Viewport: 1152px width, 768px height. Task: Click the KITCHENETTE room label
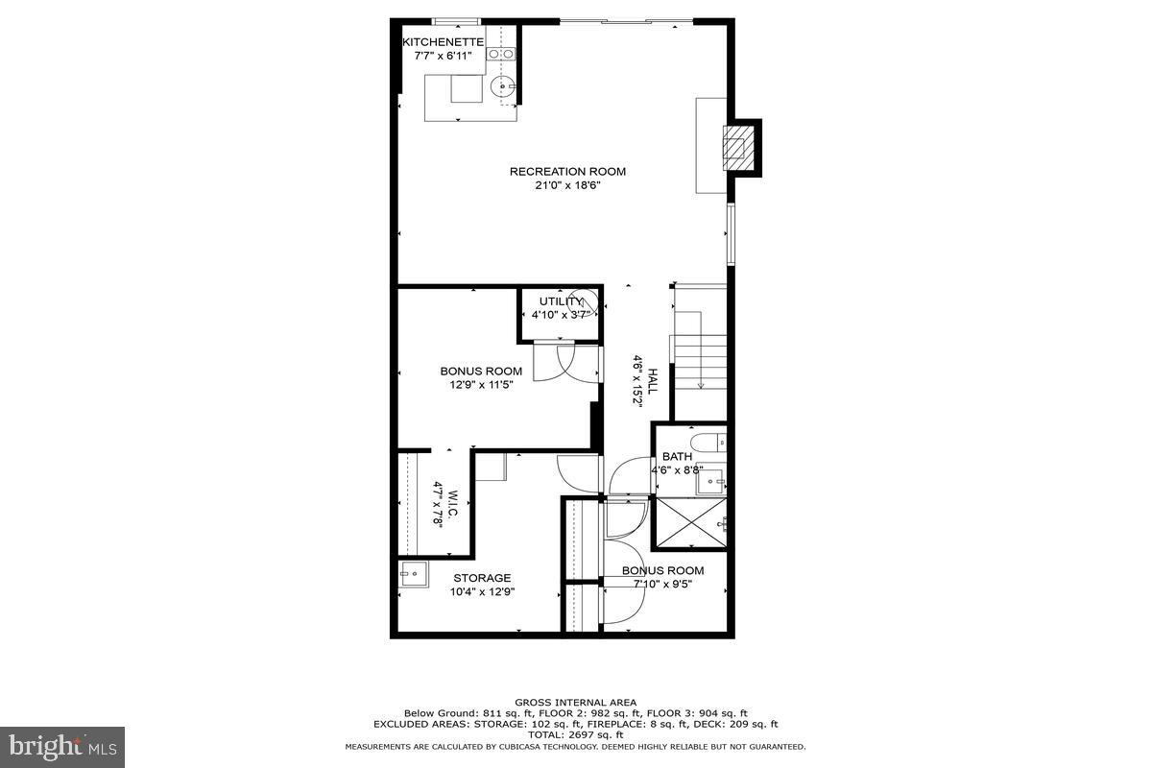(443, 41)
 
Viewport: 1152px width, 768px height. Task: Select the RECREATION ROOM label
(567, 172)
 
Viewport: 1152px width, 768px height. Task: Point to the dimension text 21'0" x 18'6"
(567, 186)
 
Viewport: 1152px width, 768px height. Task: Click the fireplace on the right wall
(738, 147)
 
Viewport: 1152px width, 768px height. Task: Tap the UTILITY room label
(561, 301)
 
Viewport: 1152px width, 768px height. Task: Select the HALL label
(653, 381)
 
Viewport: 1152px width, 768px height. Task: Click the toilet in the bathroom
(711, 443)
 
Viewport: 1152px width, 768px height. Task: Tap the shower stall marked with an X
(689, 522)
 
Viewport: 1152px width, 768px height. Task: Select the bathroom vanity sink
(711, 483)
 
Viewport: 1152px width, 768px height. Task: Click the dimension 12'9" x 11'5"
(481, 385)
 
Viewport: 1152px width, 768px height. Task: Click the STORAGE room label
(483, 578)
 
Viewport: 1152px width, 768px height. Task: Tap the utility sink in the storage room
(414, 576)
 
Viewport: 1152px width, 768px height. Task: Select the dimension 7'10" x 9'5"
(662, 585)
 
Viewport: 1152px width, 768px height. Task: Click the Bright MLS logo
(62, 746)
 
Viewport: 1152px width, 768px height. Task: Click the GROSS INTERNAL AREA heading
(575, 703)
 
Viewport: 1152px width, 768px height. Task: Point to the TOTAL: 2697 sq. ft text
(575, 734)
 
